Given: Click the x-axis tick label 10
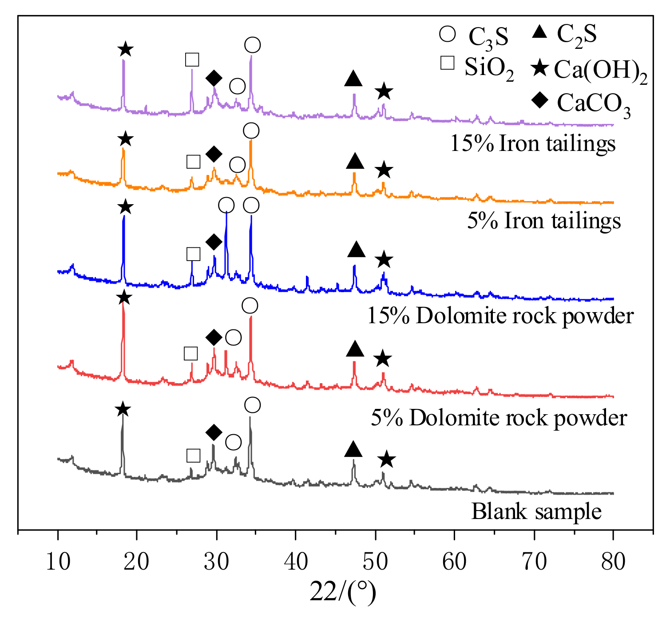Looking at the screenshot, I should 58,562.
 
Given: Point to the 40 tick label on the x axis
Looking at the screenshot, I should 296,562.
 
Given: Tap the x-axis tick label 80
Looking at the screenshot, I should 613,562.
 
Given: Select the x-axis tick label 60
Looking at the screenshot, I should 455,562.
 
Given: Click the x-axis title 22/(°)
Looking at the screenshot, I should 343,592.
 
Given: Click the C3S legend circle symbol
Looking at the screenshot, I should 448,34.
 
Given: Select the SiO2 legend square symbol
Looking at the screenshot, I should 447,63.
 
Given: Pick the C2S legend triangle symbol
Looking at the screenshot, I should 539,32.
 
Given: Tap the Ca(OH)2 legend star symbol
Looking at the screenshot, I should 540,69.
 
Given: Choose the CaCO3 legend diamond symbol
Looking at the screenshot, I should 540,102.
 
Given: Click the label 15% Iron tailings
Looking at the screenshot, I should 533,143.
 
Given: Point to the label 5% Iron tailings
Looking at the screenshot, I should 544,221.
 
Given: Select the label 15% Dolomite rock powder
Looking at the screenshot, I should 500,316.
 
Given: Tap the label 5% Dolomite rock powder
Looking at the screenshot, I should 499,418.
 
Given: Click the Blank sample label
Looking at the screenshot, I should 536,511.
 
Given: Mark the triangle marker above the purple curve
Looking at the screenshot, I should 353,79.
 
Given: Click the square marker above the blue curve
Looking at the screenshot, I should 193,254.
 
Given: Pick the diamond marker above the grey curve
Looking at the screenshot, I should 214,432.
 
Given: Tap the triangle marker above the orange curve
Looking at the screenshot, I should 355,162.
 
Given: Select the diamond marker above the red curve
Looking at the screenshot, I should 214,337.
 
